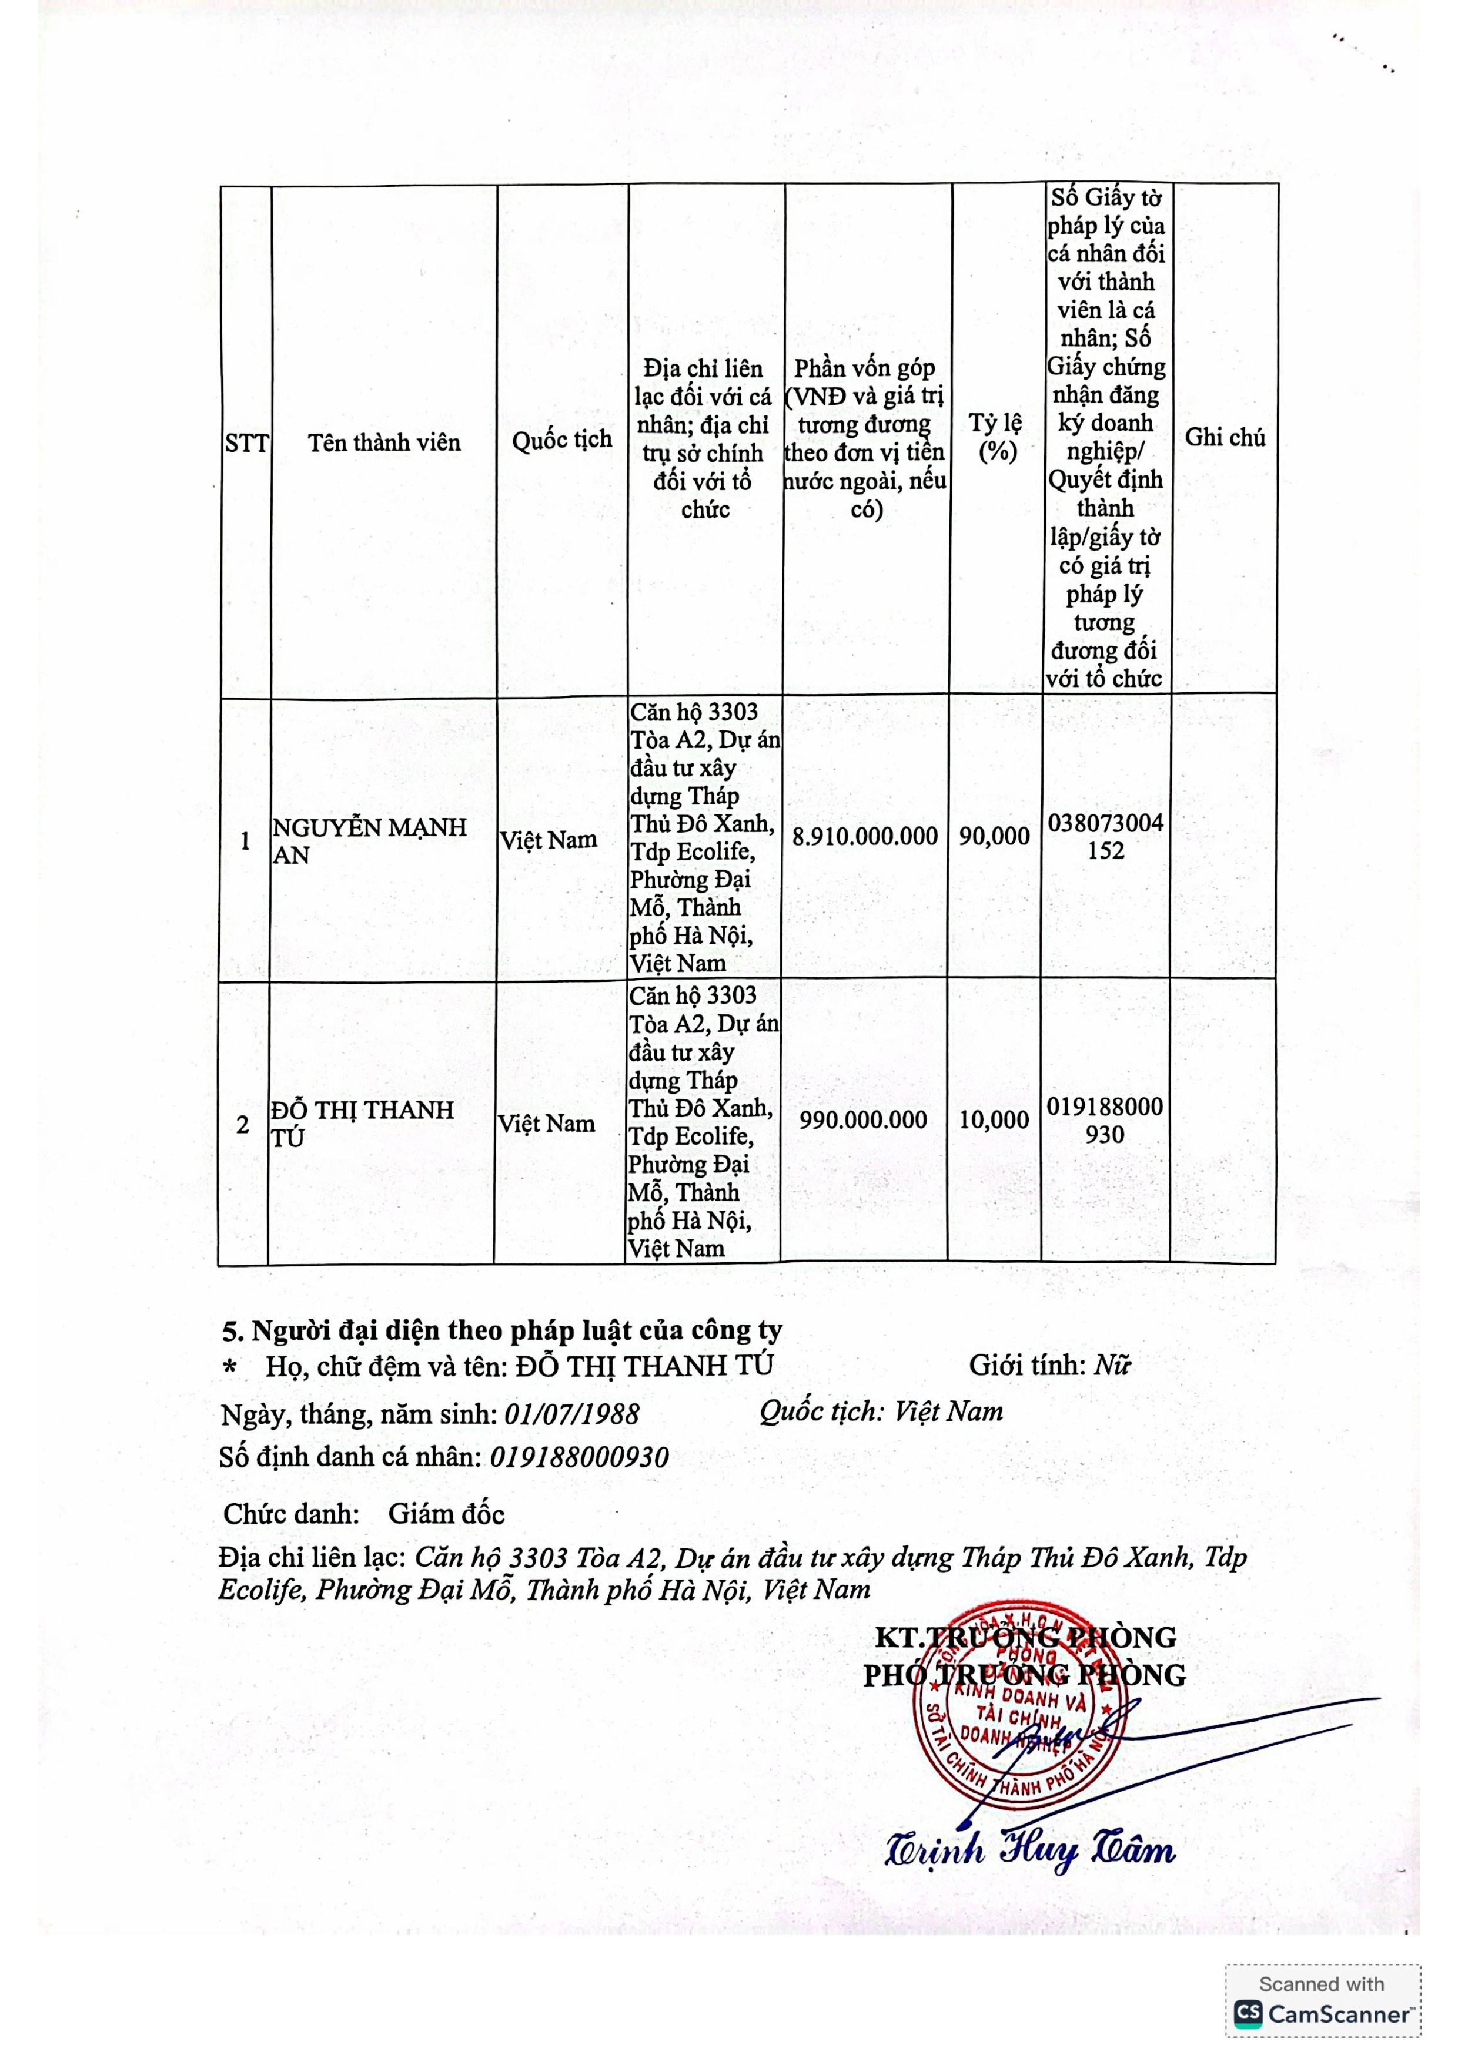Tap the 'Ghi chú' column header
(x=1225, y=437)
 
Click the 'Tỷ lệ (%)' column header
(x=995, y=437)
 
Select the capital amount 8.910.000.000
(x=864, y=836)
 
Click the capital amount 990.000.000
(x=863, y=1120)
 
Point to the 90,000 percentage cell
(x=995, y=836)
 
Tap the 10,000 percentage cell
(x=994, y=1120)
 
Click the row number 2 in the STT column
(x=243, y=1124)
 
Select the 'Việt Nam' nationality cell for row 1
(x=548, y=840)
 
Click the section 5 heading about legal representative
(x=502, y=1330)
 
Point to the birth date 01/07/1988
(x=571, y=1416)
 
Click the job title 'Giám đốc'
(x=446, y=1514)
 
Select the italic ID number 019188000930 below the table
(x=580, y=1457)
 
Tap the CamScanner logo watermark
(x=1322, y=2014)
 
